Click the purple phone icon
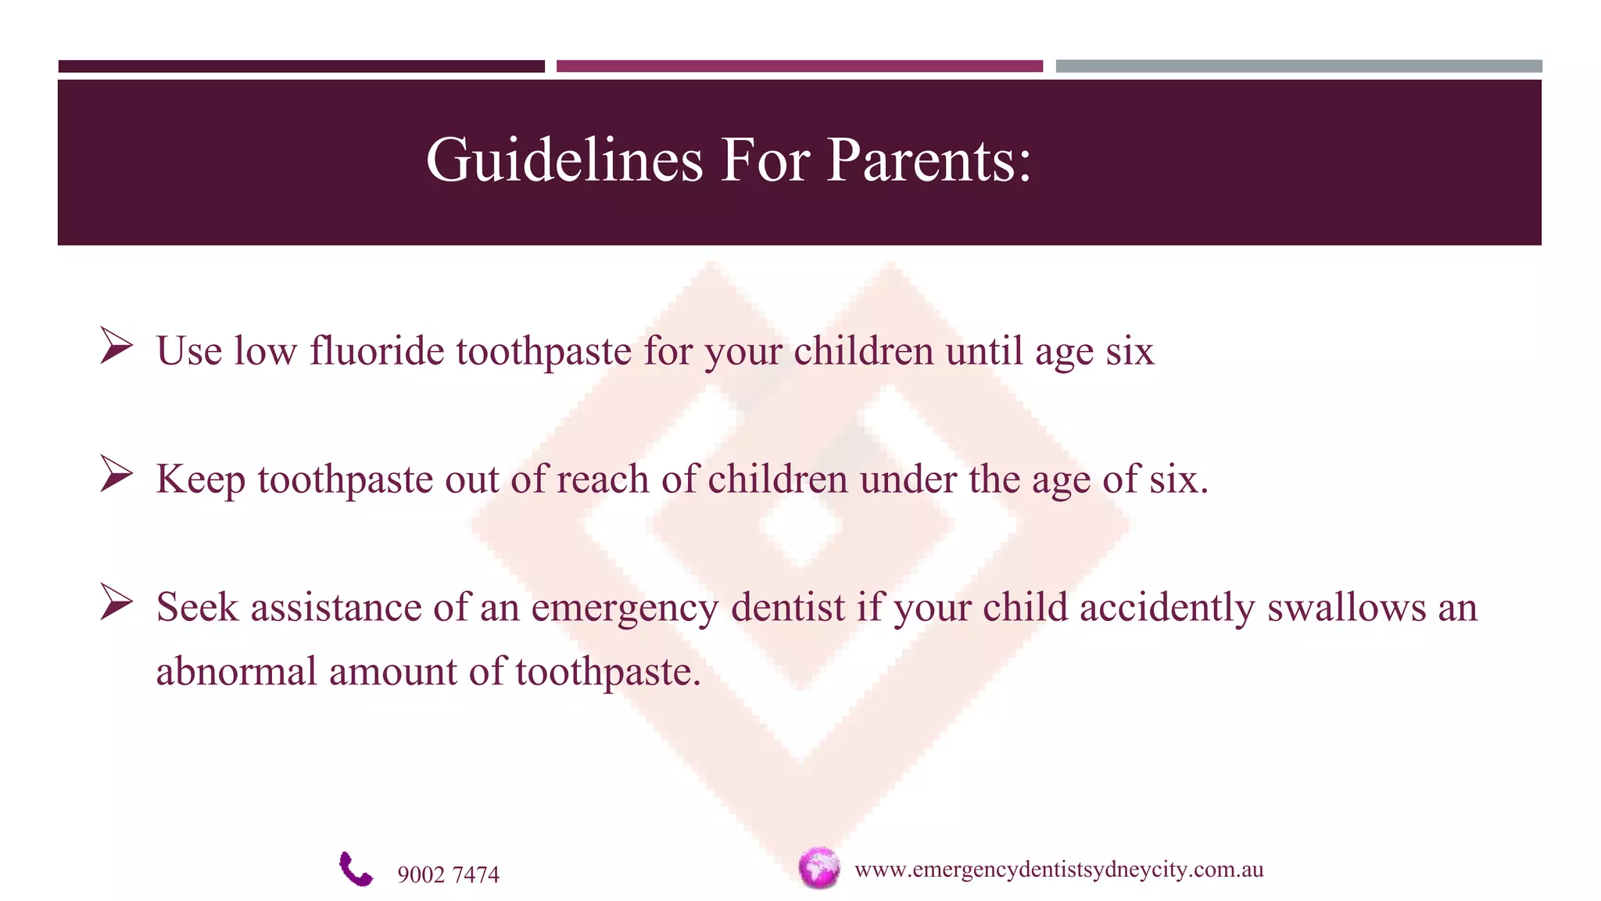click(x=356, y=869)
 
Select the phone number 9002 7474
click(x=448, y=874)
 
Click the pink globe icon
click(x=818, y=868)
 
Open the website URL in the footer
click(x=1058, y=870)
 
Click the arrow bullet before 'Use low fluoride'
click(x=116, y=346)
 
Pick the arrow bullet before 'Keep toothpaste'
click(x=116, y=474)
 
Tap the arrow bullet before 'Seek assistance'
click(x=116, y=602)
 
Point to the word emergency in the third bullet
click(x=624, y=608)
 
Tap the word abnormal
click(x=236, y=672)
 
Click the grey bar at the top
click(x=1298, y=66)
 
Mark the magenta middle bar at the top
click(x=799, y=66)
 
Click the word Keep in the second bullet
click(x=200, y=480)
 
